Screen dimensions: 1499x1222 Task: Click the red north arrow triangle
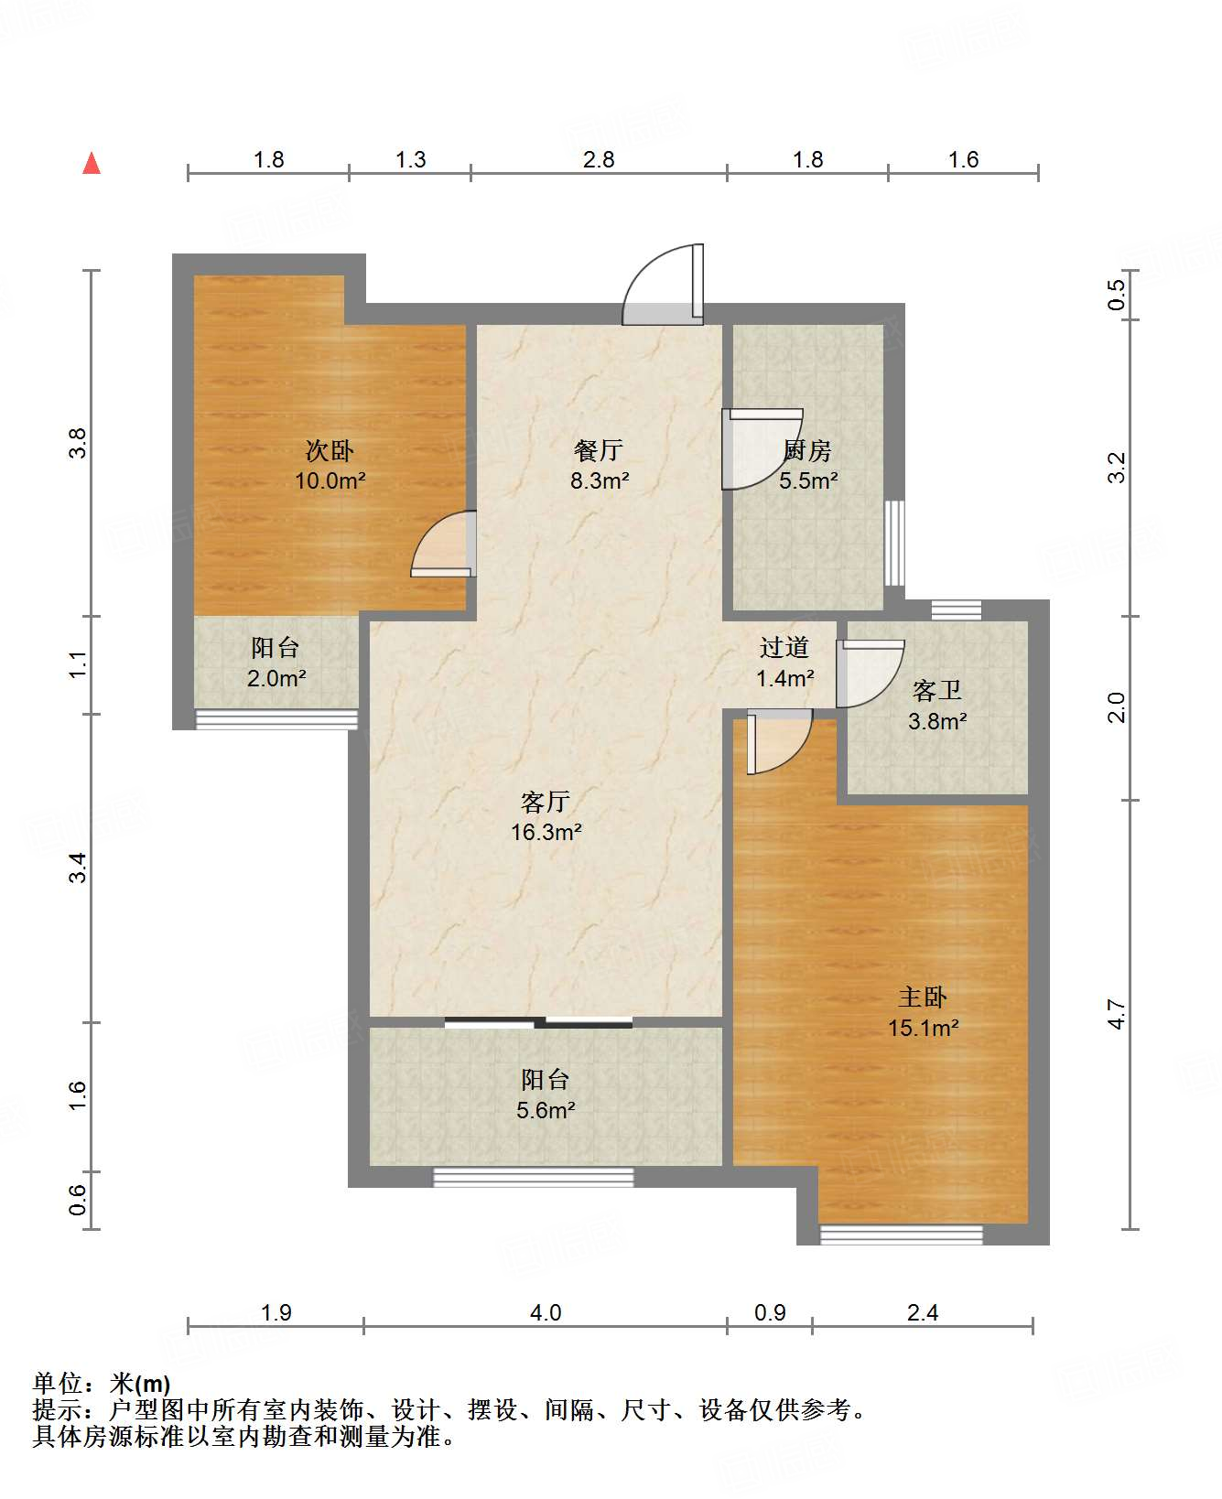(92, 164)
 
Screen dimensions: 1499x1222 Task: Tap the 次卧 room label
(330, 450)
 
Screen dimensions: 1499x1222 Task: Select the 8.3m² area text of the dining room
(600, 480)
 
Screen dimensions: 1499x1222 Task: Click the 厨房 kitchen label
(807, 450)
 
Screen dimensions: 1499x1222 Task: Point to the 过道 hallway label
(784, 648)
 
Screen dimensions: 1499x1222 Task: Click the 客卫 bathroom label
(937, 691)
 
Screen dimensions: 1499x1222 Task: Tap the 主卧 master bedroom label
(923, 998)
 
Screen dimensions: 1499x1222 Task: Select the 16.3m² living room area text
(546, 833)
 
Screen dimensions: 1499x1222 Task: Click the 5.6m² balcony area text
(546, 1111)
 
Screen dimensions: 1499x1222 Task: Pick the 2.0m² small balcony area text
(276, 679)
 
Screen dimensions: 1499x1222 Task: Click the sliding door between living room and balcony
(538, 1022)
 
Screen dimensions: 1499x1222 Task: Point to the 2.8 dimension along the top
(599, 160)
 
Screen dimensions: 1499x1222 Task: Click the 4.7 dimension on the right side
(1116, 1014)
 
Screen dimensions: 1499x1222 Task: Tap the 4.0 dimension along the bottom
(546, 1313)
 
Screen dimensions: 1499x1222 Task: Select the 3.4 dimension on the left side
(80, 867)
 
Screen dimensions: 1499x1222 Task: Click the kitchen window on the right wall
(894, 543)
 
